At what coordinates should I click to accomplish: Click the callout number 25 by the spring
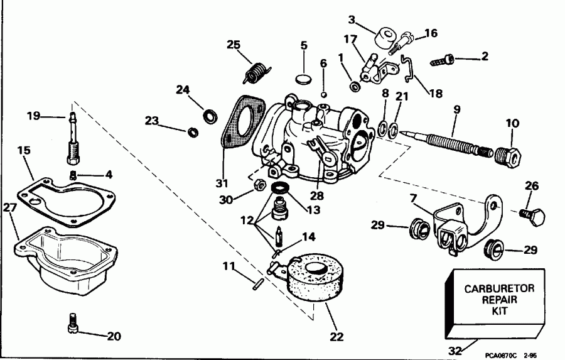(234, 45)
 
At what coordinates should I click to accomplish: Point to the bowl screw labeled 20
(73, 326)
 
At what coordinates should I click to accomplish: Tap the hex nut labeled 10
(507, 156)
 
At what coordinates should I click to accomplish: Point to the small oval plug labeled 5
(303, 79)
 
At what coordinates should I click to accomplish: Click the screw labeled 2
(443, 61)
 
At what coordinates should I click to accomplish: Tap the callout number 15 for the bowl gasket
(23, 151)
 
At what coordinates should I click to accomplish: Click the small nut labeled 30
(257, 186)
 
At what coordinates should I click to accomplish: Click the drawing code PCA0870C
(496, 355)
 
